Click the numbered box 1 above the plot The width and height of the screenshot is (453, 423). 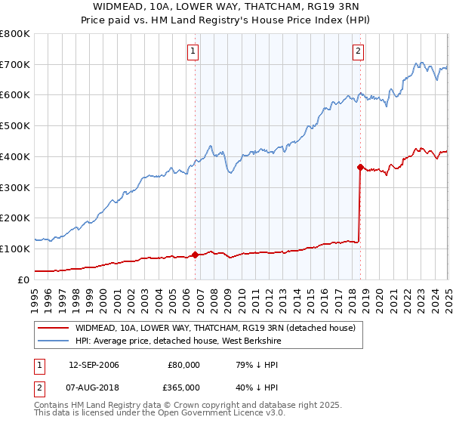[194, 51]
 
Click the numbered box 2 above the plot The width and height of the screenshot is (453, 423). [358, 51]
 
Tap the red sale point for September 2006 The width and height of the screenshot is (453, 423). [196, 255]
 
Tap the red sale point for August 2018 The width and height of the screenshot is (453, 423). [360, 167]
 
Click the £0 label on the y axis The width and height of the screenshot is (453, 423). [23, 279]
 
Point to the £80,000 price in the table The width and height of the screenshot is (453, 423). [183, 364]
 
